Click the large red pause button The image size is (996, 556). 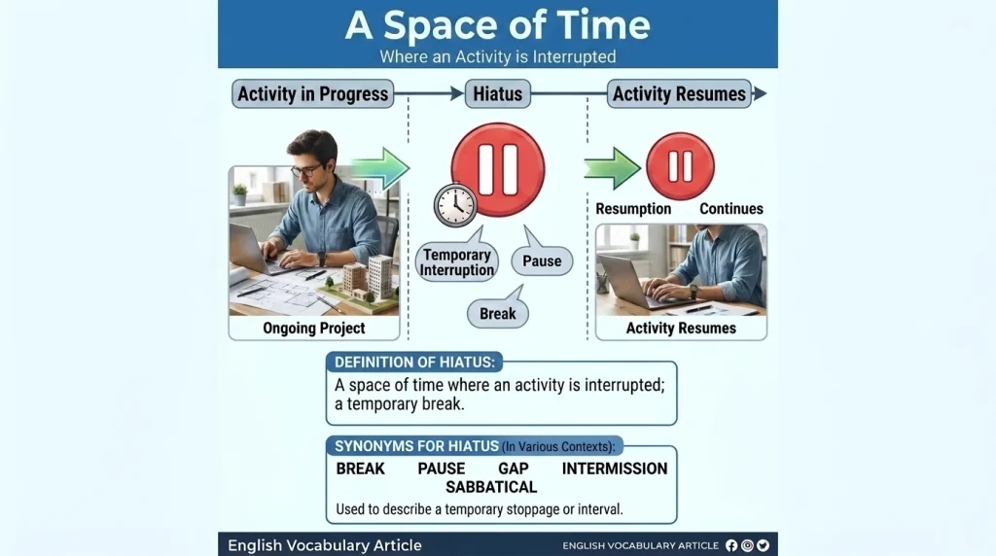coord(498,169)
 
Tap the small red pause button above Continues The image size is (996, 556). coord(680,166)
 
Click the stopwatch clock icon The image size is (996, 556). coord(455,205)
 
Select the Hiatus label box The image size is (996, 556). coord(497,94)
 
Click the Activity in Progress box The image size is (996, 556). coord(312,94)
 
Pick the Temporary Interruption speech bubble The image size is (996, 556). coord(457,261)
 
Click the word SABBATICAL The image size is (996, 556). coord(491,487)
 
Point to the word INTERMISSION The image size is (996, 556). coord(615,469)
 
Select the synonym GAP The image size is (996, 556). coord(514,469)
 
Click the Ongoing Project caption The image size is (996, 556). coord(314,329)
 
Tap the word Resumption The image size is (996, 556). coord(633,209)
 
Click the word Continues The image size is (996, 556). coord(731,209)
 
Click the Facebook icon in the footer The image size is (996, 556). coord(731,545)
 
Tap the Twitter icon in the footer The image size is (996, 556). coord(763,545)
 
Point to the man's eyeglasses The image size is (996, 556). coord(306,170)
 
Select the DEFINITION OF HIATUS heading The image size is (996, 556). coord(414,363)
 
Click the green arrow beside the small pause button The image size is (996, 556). coord(613,168)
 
